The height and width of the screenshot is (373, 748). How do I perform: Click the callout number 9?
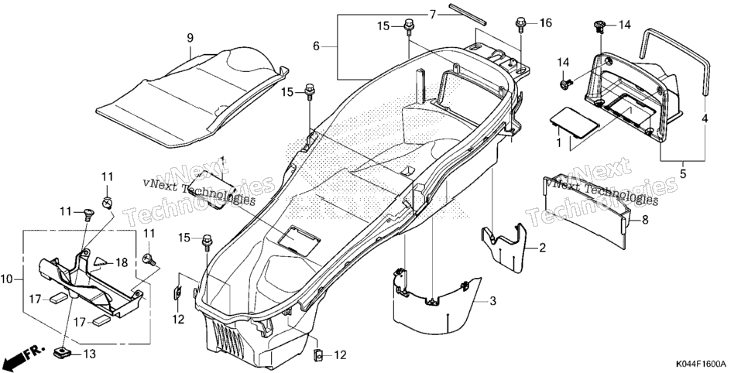click(x=190, y=37)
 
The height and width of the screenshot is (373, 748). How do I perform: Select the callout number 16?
click(x=545, y=22)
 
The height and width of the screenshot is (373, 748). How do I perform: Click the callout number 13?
click(x=89, y=354)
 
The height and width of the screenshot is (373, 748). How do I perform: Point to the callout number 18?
click(x=122, y=262)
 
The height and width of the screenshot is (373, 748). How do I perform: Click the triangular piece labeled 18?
click(x=99, y=261)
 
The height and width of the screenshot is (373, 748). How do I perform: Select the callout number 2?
click(x=542, y=248)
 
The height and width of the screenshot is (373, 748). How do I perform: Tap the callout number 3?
click(x=492, y=301)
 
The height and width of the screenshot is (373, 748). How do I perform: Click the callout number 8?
click(x=645, y=220)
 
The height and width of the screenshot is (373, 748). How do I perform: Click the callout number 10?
click(x=7, y=279)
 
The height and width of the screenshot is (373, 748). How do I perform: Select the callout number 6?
click(x=316, y=46)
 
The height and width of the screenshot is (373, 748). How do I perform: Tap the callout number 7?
click(x=432, y=15)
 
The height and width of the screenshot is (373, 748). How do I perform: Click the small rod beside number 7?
click(x=468, y=13)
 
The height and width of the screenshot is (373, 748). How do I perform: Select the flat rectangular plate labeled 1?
click(x=574, y=121)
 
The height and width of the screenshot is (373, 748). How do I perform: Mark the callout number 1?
click(x=558, y=142)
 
